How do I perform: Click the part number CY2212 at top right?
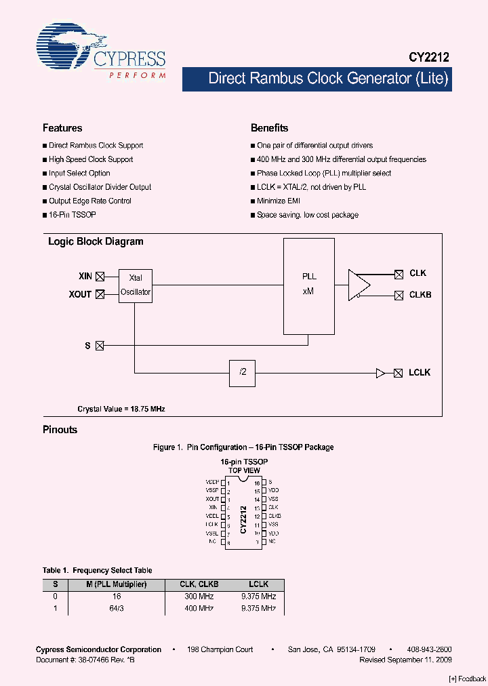(x=428, y=59)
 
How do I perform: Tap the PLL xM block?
(x=308, y=285)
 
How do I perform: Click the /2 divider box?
(x=242, y=373)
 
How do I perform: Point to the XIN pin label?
(x=85, y=276)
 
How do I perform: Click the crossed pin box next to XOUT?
(x=100, y=294)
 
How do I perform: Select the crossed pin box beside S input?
(x=100, y=346)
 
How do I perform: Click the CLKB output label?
(x=420, y=295)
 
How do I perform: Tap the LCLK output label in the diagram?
(x=420, y=373)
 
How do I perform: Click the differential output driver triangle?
(x=359, y=284)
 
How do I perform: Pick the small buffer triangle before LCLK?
(x=380, y=373)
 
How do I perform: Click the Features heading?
(x=62, y=128)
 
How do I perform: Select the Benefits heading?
(x=269, y=128)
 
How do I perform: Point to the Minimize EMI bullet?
(x=278, y=201)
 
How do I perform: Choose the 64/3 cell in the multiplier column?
(x=117, y=609)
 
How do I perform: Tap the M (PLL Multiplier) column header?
(x=117, y=584)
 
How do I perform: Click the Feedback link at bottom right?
(x=468, y=679)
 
